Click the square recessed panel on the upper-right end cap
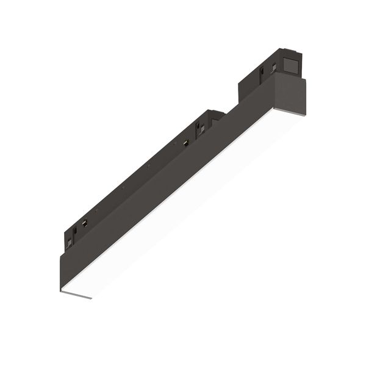point(291,63)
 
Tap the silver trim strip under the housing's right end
point(298,113)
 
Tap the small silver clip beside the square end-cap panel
point(274,68)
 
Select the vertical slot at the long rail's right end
point(198,129)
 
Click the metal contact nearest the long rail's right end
point(185,142)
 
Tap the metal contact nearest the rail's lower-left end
point(85,224)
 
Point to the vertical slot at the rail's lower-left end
point(75,232)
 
